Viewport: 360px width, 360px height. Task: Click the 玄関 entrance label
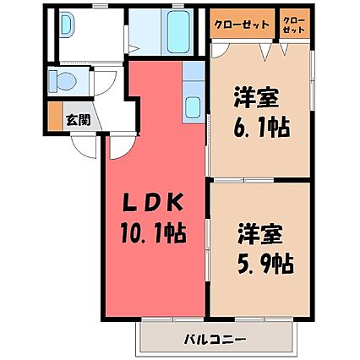coord(78,120)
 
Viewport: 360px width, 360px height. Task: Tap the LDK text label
coord(152,202)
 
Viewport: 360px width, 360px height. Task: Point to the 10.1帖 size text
coord(154,233)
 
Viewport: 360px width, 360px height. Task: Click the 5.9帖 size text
coord(265,264)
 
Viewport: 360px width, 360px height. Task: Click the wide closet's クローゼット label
coord(242,25)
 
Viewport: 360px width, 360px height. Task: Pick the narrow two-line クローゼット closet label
coord(294,25)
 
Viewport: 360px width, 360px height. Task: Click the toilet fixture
coord(63,81)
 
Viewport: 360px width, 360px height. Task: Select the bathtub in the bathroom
coord(179,30)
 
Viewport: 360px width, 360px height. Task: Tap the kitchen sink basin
coord(194,108)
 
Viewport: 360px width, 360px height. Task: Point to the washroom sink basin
coord(67,25)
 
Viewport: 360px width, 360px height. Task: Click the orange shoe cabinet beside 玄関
coord(55,116)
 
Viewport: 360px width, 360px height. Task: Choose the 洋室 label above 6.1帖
coord(256,97)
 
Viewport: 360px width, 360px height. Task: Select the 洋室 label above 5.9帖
coord(259,235)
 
